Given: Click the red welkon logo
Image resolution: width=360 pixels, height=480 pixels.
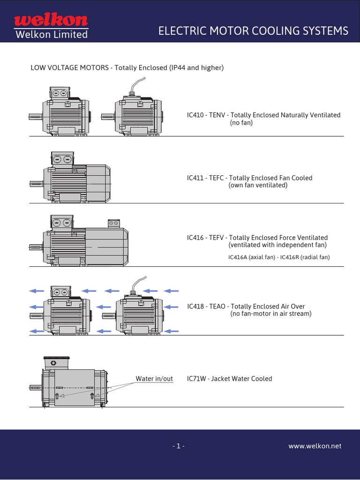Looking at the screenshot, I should [x=51, y=20].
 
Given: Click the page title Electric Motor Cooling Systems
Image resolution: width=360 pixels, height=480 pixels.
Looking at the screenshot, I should [x=253, y=31].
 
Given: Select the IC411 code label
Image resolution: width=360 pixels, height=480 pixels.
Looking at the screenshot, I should [x=195, y=178].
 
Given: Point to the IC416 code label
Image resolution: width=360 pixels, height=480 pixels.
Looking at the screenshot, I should [x=195, y=238].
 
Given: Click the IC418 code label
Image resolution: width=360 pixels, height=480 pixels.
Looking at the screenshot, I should [x=195, y=306].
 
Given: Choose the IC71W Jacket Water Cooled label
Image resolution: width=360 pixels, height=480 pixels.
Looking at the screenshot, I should [x=229, y=378].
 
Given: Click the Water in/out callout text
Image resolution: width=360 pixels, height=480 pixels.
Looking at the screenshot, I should [x=154, y=378].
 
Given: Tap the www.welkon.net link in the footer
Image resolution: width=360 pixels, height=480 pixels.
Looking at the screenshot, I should [x=315, y=446].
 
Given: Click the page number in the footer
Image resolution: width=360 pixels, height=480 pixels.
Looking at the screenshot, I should [x=178, y=446].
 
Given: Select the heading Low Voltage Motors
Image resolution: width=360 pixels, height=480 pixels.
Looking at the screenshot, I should [x=69, y=68].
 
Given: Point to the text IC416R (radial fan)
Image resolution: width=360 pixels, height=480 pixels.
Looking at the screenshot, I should [x=305, y=257].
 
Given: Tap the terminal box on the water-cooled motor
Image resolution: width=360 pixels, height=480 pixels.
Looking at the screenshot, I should [x=56, y=363].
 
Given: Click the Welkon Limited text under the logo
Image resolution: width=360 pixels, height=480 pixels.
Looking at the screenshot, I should [x=51, y=35].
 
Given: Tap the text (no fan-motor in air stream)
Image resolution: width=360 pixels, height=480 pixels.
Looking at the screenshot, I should [x=270, y=314].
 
